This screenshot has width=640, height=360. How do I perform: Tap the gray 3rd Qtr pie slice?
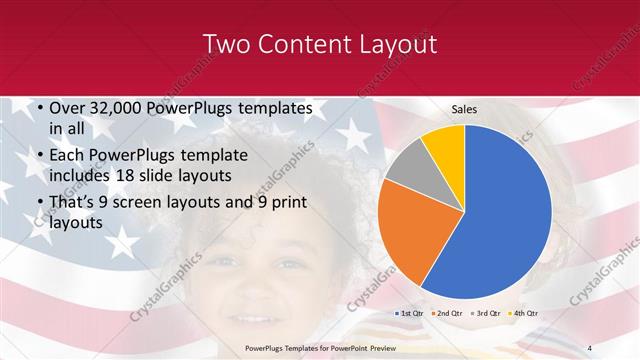[409, 165]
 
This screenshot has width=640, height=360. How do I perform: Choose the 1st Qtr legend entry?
[410, 313]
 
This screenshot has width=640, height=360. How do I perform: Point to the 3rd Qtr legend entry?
[487, 313]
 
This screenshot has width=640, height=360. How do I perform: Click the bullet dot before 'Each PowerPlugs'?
[38, 155]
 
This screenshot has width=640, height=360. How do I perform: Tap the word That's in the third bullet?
[74, 203]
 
